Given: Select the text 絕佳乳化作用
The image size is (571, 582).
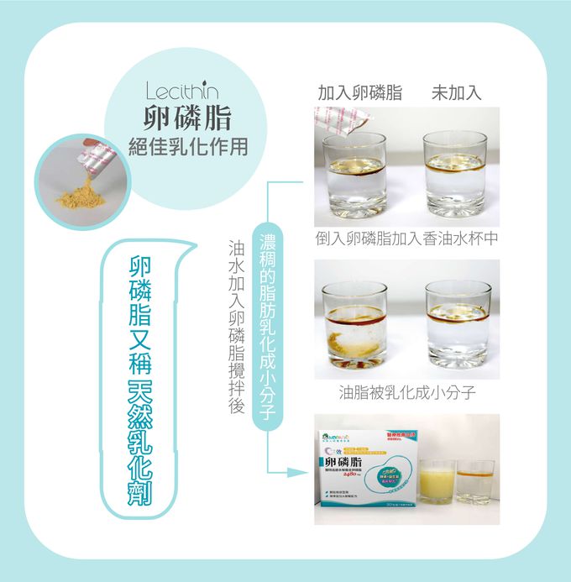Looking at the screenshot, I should click(186, 146).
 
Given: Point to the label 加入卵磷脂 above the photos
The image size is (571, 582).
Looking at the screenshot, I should click(360, 93).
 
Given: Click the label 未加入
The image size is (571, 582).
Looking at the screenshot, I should click(456, 93).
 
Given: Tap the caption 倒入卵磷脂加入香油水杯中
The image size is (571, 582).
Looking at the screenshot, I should click(407, 239).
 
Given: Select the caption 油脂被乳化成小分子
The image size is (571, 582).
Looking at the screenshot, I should click(407, 392).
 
